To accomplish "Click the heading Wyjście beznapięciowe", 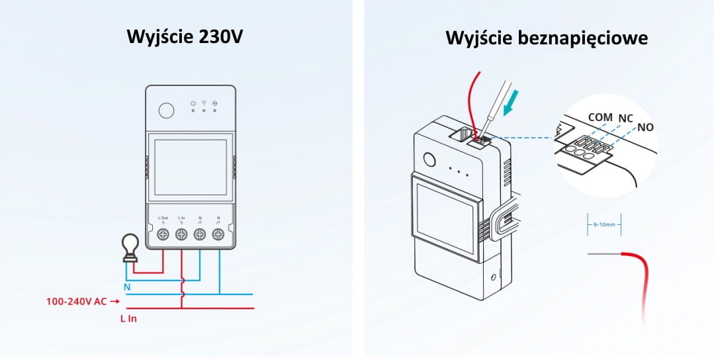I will click(x=547, y=38).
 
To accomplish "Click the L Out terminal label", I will click(x=163, y=218).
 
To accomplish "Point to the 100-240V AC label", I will click(x=77, y=301).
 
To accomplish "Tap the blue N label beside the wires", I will click(x=127, y=287).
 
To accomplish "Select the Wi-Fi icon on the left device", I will click(x=204, y=103).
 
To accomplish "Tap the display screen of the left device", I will click(x=189, y=165).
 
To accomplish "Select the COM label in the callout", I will click(x=600, y=116).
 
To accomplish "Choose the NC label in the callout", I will click(x=626, y=118).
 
